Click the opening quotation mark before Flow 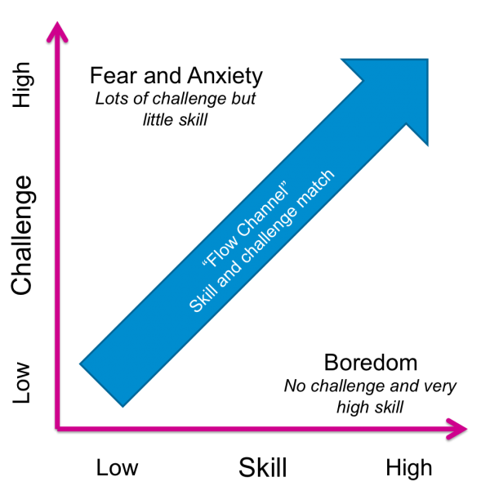tap(202, 268)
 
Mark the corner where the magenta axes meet tap(56, 427)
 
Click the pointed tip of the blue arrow tap(426, 60)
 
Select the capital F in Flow tap(208, 262)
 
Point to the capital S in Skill tap(194, 307)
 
